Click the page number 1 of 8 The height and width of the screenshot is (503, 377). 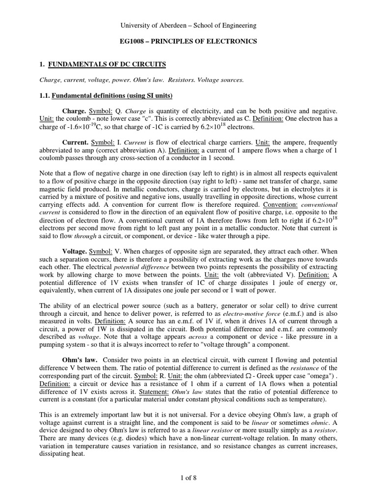(188, 476)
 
